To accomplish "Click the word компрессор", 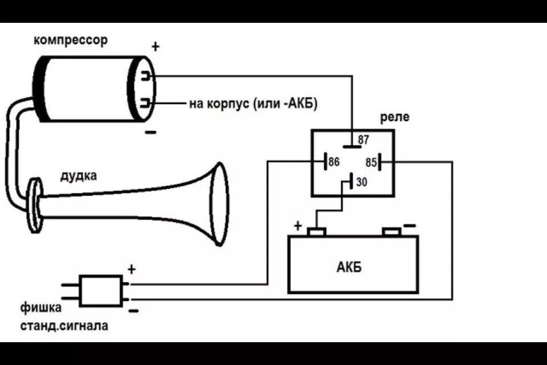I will [x=70, y=40].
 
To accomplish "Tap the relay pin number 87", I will [x=364, y=139].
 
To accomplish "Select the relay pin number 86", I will [x=334, y=162].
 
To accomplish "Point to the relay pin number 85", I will [x=371, y=163].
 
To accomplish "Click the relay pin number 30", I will [x=362, y=182].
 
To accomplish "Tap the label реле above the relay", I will [x=394, y=117].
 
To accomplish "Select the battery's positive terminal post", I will [x=316, y=231].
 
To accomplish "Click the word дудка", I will [x=79, y=176].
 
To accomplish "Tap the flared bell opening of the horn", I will [x=219, y=205].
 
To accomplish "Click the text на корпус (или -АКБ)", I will [x=253, y=104].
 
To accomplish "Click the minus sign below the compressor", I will [x=150, y=133].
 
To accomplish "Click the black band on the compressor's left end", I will [x=42, y=88].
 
